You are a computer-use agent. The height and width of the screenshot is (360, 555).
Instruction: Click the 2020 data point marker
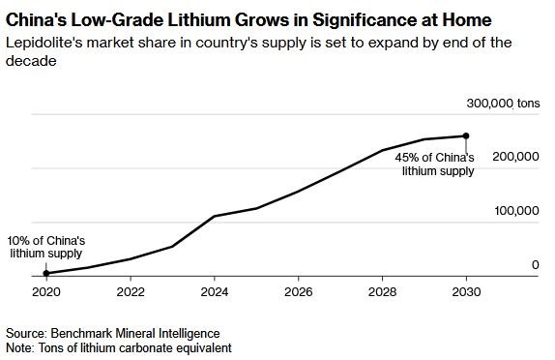(x=46, y=273)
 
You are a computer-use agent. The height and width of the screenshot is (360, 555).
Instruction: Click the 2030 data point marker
(x=466, y=135)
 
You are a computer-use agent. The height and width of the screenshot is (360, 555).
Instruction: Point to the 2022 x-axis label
(x=131, y=292)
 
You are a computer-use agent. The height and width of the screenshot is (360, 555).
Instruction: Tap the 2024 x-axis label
(x=214, y=292)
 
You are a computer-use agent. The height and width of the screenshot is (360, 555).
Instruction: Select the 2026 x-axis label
(x=298, y=292)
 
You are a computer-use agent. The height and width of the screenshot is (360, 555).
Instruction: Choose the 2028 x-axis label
(x=382, y=292)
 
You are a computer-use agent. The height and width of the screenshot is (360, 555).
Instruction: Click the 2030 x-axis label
(x=466, y=292)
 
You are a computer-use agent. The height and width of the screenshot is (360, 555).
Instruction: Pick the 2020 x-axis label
(x=46, y=292)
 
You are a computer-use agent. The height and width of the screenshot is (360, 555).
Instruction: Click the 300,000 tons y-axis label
(x=503, y=104)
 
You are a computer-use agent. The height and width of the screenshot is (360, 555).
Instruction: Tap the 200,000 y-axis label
(x=515, y=156)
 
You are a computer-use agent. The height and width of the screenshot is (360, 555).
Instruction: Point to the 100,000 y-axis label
(x=516, y=210)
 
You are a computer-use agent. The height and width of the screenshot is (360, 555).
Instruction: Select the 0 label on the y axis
(x=536, y=264)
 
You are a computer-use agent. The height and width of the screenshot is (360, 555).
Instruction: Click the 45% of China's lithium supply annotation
(x=434, y=165)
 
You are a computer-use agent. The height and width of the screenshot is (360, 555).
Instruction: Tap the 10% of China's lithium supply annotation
(x=46, y=247)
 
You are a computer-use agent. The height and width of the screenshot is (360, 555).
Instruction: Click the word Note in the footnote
(x=19, y=347)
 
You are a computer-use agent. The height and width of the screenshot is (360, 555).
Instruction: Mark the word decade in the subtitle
(x=31, y=61)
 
